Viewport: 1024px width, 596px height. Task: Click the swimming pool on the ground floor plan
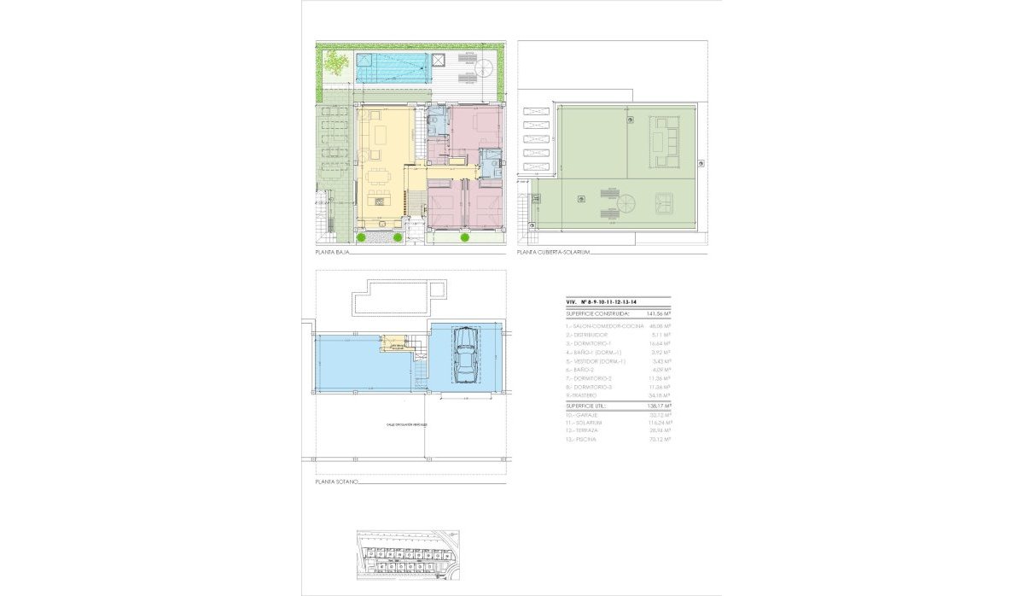(x=392, y=68)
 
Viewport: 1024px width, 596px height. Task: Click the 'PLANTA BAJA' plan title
(x=333, y=254)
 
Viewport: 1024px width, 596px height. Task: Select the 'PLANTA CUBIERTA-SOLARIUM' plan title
(x=554, y=254)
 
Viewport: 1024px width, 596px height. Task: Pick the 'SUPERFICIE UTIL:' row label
(x=590, y=405)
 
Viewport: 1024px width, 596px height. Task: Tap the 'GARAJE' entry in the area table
(x=587, y=413)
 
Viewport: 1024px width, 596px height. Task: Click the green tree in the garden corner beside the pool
(x=336, y=63)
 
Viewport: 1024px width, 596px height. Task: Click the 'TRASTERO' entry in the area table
(x=586, y=395)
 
